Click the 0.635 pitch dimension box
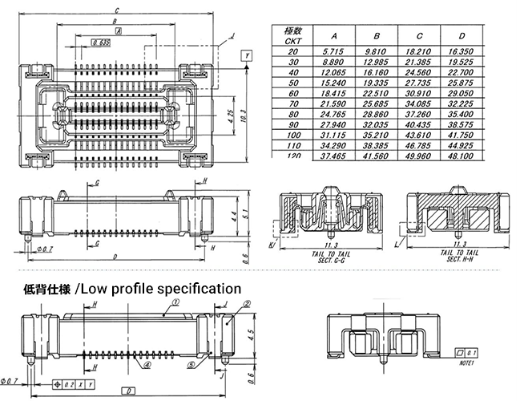point(101,42)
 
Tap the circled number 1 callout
point(175,298)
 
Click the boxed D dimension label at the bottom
point(126,391)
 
